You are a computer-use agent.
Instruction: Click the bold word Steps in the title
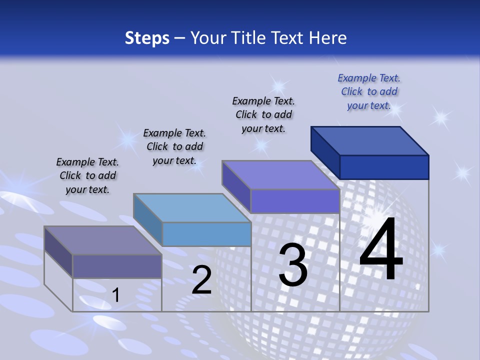147,38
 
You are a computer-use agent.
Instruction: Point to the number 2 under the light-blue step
202,280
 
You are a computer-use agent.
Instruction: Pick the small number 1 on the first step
116,295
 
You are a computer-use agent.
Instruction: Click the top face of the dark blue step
370,140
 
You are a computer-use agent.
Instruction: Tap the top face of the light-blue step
192,207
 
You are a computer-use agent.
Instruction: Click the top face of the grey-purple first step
103,240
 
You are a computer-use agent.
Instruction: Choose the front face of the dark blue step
384,167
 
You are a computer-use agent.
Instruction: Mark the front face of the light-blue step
206,234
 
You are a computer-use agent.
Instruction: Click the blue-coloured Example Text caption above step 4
369,91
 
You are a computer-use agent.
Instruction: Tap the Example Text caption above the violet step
263,114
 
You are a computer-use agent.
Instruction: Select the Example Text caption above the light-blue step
174,146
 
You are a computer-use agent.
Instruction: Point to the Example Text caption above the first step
87,175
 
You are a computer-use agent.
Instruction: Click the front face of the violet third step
295,201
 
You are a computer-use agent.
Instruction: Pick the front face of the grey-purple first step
117,266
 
